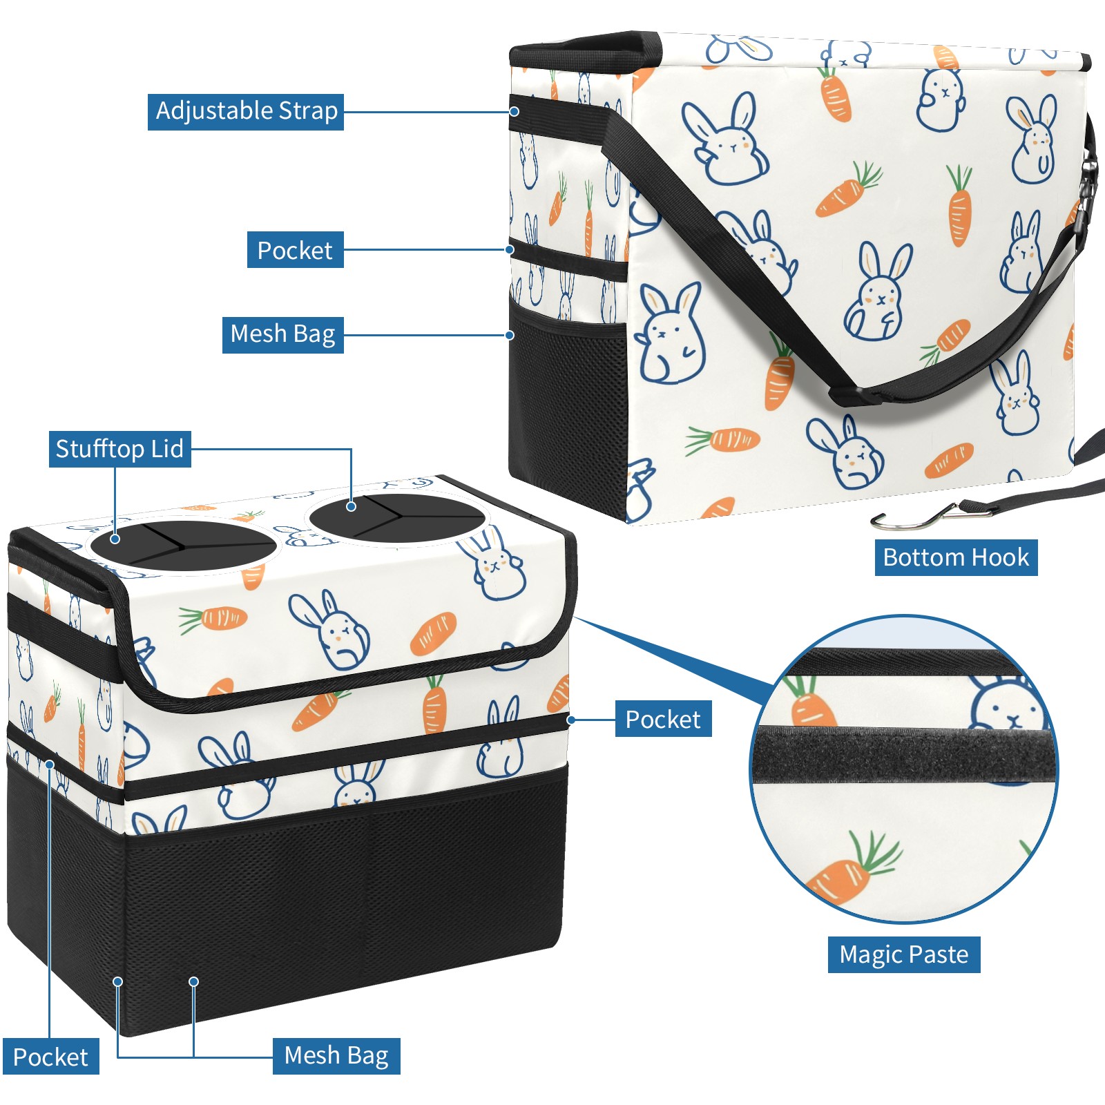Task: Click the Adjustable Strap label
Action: (x=246, y=112)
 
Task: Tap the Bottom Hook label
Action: (x=956, y=557)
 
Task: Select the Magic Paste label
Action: (x=903, y=954)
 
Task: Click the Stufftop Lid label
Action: (x=119, y=449)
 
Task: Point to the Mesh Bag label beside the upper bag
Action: (x=282, y=334)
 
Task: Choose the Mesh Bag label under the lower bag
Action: (x=336, y=1055)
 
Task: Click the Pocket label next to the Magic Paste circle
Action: (x=662, y=720)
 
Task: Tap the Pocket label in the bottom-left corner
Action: (x=50, y=1057)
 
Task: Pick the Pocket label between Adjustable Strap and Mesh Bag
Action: (x=295, y=250)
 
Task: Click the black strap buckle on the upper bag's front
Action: (x=851, y=396)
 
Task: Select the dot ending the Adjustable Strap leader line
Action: (x=515, y=111)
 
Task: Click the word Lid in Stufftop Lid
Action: (x=167, y=449)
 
